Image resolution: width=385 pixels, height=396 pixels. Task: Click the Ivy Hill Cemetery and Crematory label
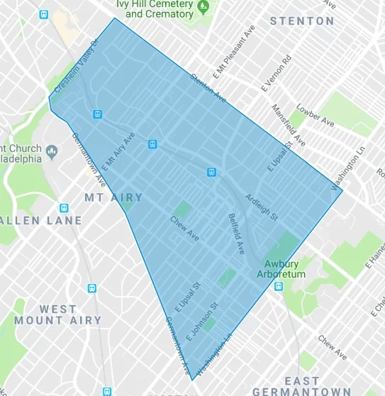(154, 9)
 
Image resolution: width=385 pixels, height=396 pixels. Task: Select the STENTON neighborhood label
(302, 21)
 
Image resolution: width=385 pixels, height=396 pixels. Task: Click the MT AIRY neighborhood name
(113, 197)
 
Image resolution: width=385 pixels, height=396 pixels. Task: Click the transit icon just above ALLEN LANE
(65, 209)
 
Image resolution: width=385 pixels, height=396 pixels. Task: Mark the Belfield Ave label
(235, 233)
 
